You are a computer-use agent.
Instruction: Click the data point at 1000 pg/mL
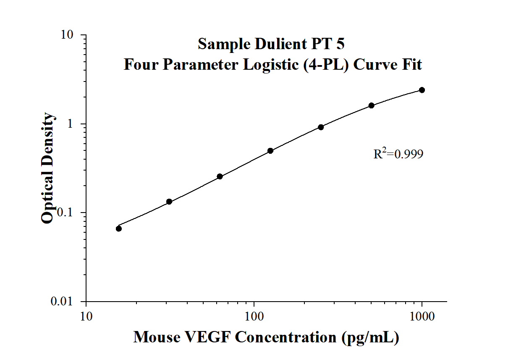tap(422, 90)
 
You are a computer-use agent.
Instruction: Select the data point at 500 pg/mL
tap(372, 105)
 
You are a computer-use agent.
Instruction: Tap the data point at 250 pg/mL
tap(321, 127)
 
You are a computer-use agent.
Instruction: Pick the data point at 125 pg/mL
tap(270, 150)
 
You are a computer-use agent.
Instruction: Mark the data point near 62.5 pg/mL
tap(220, 176)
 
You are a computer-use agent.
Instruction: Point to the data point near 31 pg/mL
tap(169, 202)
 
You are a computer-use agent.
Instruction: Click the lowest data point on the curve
tap(119, 229)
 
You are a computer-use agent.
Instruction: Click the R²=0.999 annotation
tap(398, 154)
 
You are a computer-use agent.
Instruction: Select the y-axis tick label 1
tap(72, 124)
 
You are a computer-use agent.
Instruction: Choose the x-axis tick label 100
tap(254, 316)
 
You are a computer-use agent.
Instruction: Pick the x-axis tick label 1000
tap(422, 316)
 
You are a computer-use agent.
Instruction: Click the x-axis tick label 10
tap(86, 316)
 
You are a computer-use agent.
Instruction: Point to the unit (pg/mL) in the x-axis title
tap(370, 337)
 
